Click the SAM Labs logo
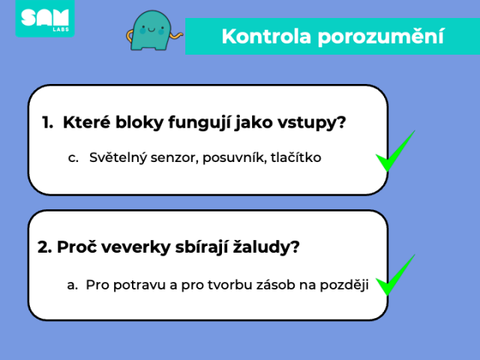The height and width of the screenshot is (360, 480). [45, 18]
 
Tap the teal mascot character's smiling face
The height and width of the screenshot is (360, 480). [151, 30]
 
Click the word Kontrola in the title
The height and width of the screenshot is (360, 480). [266, 37]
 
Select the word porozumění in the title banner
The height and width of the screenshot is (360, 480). [380, 37]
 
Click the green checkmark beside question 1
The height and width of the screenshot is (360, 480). [395, 151]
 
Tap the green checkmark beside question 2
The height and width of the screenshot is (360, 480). [395, 275]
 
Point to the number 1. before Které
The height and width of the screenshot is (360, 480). [47, 122]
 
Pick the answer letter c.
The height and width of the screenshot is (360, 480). [73, 158]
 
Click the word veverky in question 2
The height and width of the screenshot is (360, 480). [136, 247]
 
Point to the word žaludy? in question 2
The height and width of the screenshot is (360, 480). [266, 247]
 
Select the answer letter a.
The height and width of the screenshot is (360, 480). [72, 285]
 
